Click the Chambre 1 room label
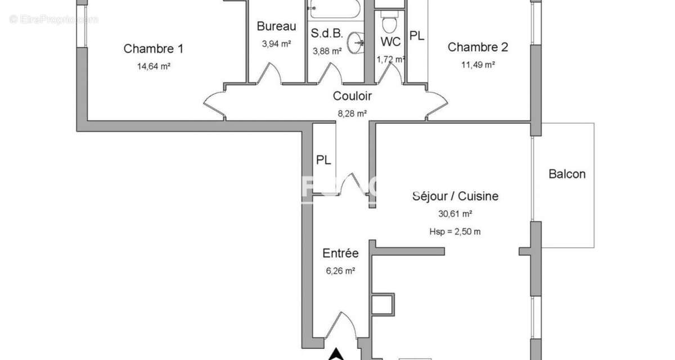tap(154, 49)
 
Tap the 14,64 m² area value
tap(154, 66)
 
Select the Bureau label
tap(276, 26)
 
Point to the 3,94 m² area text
tap(276, 43)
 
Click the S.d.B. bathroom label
tap(327, 33)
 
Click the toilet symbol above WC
tap(389, 24)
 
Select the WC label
tap(390, 42)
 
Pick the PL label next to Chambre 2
tap(417, 36)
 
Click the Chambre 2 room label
tap(478, 47)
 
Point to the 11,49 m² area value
tap(478, 65)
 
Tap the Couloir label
tap(352, 96)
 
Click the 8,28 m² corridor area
tap(352, 113)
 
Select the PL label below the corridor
tap(323, 160)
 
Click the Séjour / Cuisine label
tap(455, 196)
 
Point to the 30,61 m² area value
tap(455, 214)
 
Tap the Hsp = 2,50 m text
tap(455, 231)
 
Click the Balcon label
tap(567, 174)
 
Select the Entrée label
tap(340, 254)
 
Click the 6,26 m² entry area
tap(340, 271)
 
